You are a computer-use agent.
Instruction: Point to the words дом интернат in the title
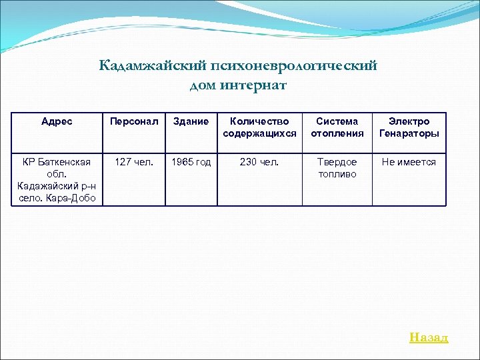(x=238, y=85)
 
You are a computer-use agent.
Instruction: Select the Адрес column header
(x=57, y=121)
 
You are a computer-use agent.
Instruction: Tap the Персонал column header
(x=134, y=121)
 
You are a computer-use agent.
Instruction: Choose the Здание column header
(x=191, y=121)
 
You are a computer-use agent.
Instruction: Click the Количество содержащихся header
(x=259, y=127)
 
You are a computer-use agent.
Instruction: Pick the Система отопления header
(x=337, y=127)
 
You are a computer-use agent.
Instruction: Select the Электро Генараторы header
(x=409, y=127)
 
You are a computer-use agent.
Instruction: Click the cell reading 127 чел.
(x=134, y=162)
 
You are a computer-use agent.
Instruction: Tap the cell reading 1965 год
(x=191, y=162)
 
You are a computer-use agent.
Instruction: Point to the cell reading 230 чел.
(x=259, y=162)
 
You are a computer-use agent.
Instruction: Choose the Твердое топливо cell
(x=337, y=168)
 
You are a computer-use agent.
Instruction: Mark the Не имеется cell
(x=409, y=162)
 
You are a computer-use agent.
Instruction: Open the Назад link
(x=429, y=337)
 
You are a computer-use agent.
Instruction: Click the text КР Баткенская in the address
(x=57, y=162)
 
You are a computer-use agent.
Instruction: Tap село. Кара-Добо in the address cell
(x=57, y=199)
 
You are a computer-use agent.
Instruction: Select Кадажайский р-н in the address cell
(x=57, y=187)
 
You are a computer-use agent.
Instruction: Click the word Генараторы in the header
(x=409, y=133)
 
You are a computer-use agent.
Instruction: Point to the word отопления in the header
(x=337, y=133)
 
